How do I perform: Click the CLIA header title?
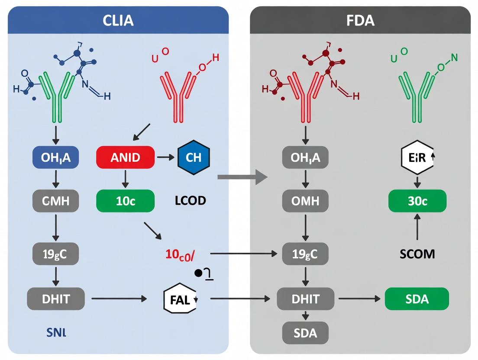pos(118,21)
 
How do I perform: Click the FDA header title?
pos(360,21)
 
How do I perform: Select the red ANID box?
pos(125,157)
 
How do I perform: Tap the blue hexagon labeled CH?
pos(193,157)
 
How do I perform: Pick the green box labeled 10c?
pos(125,201)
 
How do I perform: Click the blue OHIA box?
pos(55,157)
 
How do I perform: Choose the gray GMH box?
pos(55,201)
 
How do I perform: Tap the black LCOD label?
pos(191,201)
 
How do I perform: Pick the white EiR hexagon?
pos(417,157)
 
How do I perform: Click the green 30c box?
pos(417,201)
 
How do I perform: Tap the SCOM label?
pos(417,254)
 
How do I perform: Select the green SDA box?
pos(417,299)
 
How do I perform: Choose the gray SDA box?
pos(305,333)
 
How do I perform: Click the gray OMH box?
pos(305,201)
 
